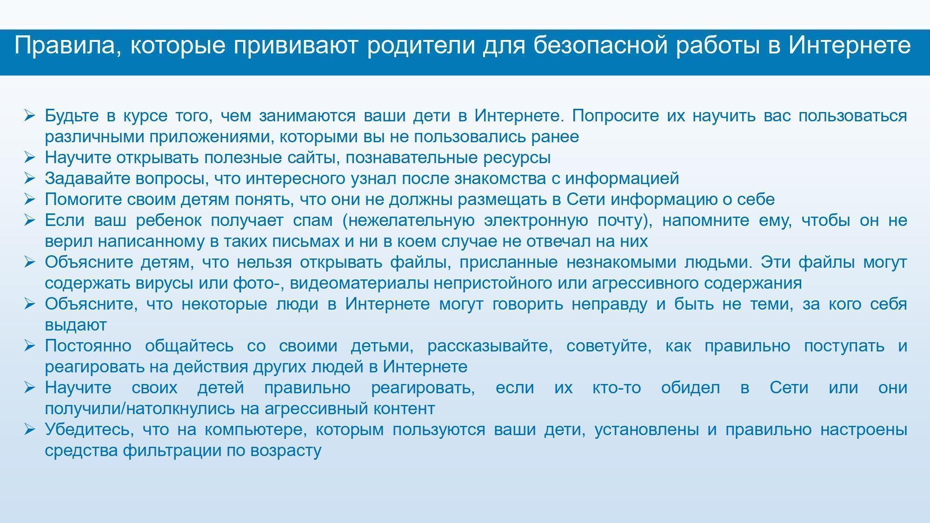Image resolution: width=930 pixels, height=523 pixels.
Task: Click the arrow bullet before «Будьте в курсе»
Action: (x=30, y=115)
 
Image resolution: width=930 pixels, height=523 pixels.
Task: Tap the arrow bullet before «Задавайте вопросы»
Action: (x=30, y=178)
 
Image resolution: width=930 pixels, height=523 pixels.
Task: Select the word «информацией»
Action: (x=622, y=179)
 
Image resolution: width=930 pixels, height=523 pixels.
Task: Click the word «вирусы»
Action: (x=165, y=284)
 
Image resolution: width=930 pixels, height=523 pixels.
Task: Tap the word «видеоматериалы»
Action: (x=361, y=283)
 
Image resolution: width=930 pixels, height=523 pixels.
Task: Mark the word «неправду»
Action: (x=609, y=305)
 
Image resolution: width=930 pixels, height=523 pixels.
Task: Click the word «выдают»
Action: (x=76, y=325)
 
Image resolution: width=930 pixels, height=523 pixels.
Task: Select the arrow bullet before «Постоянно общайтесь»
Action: (x=30, y=345)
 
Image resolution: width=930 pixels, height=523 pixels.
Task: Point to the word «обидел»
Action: (x=690, y=387)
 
